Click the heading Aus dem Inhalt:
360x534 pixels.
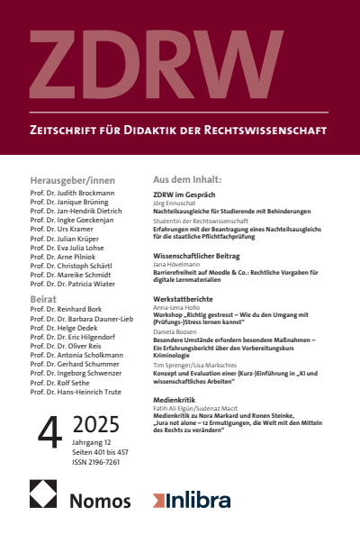[x=193, y=179]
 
